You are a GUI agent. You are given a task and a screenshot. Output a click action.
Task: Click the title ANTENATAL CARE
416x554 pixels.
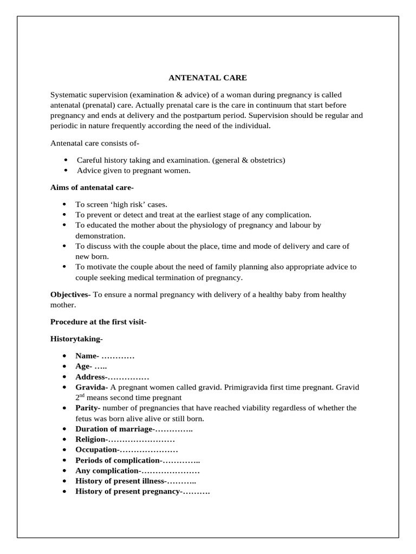[x=207, y=77]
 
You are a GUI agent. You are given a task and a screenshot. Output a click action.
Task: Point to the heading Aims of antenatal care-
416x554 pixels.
[x=92, y=187]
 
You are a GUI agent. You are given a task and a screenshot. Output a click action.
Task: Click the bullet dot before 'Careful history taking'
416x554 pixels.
[x=65, y=160]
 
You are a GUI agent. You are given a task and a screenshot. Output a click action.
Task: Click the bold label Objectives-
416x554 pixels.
[x=70, y=294]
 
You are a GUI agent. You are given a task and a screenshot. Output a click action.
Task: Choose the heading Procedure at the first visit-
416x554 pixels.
[x=98, y=321]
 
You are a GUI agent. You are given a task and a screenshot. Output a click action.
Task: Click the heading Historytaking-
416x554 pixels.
[x=76, y=339]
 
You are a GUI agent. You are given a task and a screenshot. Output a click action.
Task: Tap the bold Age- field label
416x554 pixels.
[x=84, y=366]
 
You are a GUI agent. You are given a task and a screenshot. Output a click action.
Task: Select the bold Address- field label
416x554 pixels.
[x=92, y=377]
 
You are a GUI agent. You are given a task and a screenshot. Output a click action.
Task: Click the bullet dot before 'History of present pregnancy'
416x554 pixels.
[x=64, y=491]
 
